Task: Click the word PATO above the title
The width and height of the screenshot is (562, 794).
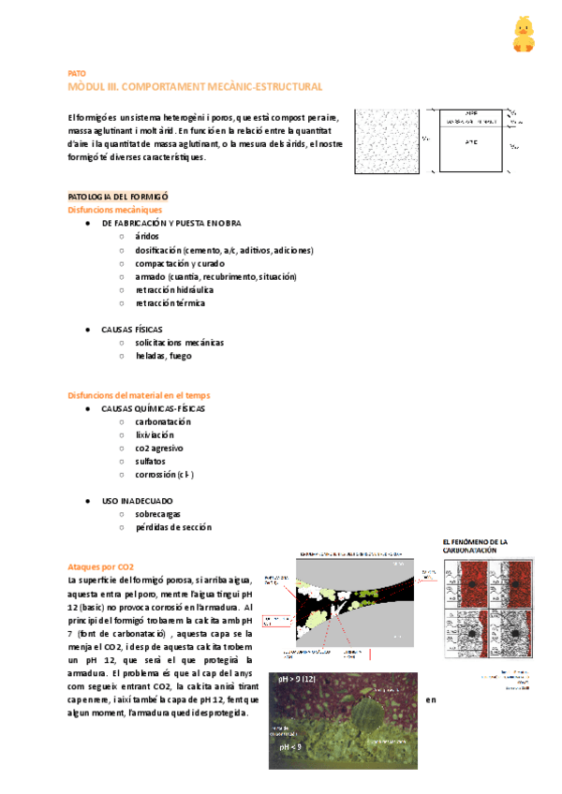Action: click(x=77, y=73)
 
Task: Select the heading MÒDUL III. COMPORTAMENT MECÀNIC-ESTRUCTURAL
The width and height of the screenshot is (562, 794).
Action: click(x=196, y=86)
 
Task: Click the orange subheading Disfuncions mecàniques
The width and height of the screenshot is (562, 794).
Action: click(x=114, y=210)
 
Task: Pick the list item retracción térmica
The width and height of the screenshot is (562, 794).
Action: click(x=170, y=303)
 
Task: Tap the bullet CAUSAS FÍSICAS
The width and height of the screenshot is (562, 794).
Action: click(x=132, y=330)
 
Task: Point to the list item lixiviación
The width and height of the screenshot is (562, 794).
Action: click(x=155, y=434)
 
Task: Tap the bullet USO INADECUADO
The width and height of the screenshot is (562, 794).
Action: click(x=135, y=501)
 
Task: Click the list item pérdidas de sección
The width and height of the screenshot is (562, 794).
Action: click(x=173, y=527)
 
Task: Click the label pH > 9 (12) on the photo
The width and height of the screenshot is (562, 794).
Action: click(x=300, y=678)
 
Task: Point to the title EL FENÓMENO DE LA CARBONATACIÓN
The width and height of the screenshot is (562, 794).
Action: click(x=475, y=546)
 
